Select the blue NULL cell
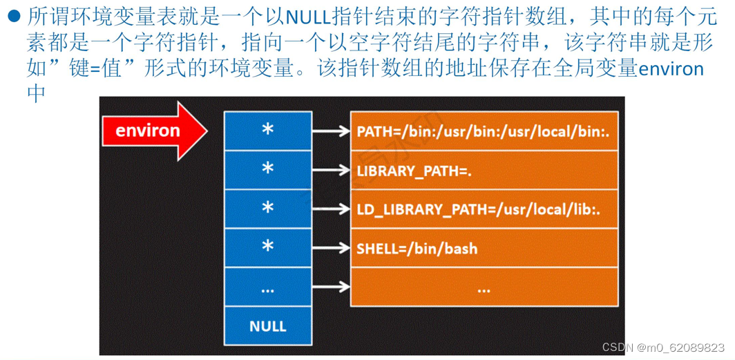click(x=267, y=325)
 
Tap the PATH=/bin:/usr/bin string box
click(x=484, y=131)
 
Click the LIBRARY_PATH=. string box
click(x=484, y=170)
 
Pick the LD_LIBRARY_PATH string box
click(x=484, y=209)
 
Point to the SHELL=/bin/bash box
click(x=484, y=247)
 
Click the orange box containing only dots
click(x=484, y=287)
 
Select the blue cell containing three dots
click(x=267, y=287)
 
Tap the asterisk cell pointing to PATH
click(x=267, y=131)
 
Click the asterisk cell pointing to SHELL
click(x=267, y=247)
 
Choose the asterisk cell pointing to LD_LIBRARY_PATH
click(x=267, y=209)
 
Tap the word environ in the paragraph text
click(x=671, y=69)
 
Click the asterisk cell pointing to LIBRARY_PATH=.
click(x=267, y=170)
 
